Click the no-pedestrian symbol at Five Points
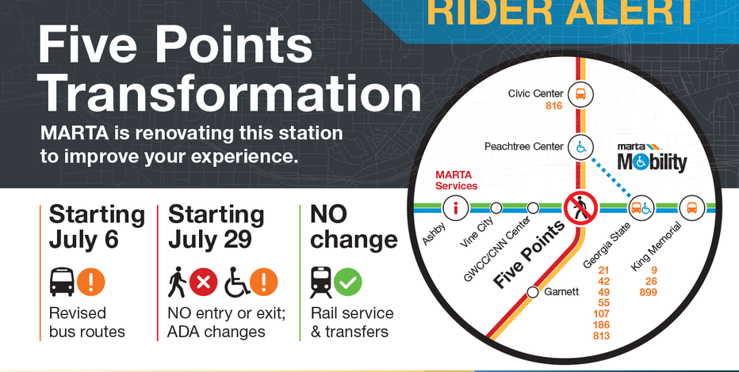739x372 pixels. point(580,207)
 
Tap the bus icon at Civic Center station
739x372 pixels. point(580,93)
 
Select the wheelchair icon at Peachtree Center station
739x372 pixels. point(580,146)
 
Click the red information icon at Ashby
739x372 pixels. point(455,207)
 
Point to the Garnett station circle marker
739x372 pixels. point(533,292)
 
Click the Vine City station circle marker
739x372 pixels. point(496,207)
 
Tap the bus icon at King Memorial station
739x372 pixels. point(691,207)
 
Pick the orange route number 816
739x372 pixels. point(553,106)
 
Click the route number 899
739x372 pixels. point(648,293)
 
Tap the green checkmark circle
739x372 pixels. point(348,283)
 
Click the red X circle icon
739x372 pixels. point(204,283)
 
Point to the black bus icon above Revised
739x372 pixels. point(62,282)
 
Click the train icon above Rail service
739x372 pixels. point(321,283)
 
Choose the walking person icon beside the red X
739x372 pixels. point(178,283)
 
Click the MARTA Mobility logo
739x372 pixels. point(652,158)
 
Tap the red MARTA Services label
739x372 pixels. point(456,180)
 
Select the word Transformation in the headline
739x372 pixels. point(231,94)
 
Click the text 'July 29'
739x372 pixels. point(210,240)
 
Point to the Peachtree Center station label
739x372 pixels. point(523,146)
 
